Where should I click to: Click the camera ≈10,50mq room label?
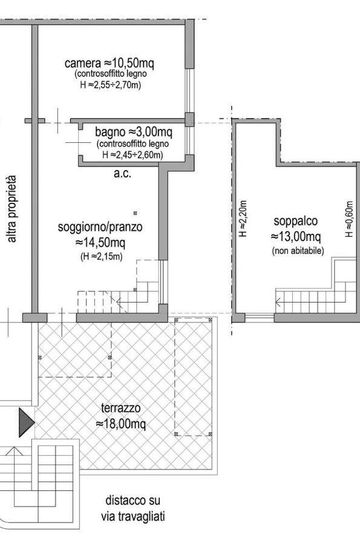pyautogui.click(x=109, y=64)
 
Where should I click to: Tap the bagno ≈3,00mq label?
pyautogui.click(x=134, y=131)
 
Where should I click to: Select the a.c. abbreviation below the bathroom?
pyautogui.click(x=123, y=173)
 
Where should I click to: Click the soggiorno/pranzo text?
pyautogui.click(x=100, y=227)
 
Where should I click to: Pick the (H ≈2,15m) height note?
pyautogui.click(x=101, y=257)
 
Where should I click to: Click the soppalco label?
pyautogui.click(x=296, y=221)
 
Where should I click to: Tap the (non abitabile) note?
pyautogui.click(x=298, y=251)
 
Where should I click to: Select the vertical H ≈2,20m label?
pyautogui.click(x=243, y=219)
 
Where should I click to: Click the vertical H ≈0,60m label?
pyautogui.click(x=349, y=219)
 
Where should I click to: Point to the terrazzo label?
pyautogui.click(x=121, y=408)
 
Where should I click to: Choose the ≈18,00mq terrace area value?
pyautogui.click(x=120, y=423)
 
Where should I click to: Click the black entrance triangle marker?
pyautogui.click(x=27, y=422)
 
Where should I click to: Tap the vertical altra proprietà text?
pyautogui.click(x=11, y=209)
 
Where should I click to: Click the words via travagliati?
pyautogui.click(x=133, y=516)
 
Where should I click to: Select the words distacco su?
pyautogui.click(x=133, y=501)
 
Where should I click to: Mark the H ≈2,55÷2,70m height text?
pyautogui.click(x=111, y=84)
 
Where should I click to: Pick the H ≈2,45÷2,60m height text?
pyautogui.click(x=133, y=155)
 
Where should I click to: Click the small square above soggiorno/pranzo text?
pyautogui.click(x=136, y=213)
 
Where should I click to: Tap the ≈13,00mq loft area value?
pyautogui.click(x=296, y=237)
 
